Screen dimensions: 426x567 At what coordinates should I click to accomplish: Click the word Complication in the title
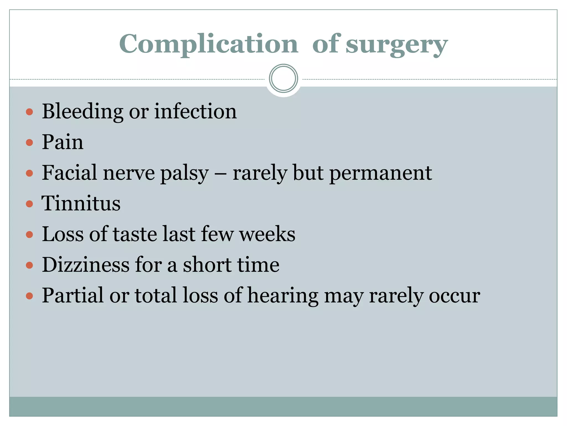click(208, 44)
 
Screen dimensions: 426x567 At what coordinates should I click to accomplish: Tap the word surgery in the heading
click(396, 45)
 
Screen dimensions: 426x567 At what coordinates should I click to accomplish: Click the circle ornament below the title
click(283, 78)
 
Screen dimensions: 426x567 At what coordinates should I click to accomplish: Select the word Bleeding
click(83, 111)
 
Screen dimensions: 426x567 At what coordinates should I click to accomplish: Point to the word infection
click(195, 111)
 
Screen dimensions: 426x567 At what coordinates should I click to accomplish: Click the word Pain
click(63, 142)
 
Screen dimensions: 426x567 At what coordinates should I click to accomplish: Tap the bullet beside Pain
click(29, 143)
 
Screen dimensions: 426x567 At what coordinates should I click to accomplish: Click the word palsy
click(184, 174)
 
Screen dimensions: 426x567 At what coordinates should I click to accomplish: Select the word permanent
click(381, 174)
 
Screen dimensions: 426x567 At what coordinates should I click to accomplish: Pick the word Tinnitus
click(81, 203)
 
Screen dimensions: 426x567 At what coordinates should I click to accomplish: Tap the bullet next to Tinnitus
click(29, 204)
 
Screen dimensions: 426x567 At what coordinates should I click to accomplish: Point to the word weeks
click(267, 234)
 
